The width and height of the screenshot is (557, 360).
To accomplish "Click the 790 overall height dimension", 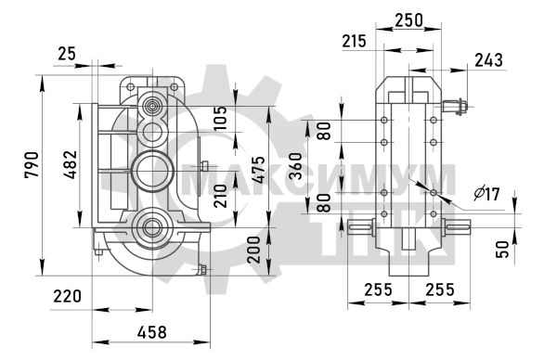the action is (x=32, y=165).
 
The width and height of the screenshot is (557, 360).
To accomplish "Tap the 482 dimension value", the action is (x=70, y=164).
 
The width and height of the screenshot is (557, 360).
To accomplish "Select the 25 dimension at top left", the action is (x=67, y=54).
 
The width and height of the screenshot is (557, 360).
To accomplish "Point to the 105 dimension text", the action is (x=220, y=118).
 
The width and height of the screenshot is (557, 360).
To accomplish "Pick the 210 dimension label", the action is (x=220, y=196).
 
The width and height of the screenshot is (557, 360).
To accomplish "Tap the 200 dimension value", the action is (x=254, y=250).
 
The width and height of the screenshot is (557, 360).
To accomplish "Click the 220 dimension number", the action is (x=67, y=296).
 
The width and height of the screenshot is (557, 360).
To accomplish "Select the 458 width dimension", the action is (x=152, y=332).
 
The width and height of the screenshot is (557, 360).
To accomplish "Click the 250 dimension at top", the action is (x=409, y=20).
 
